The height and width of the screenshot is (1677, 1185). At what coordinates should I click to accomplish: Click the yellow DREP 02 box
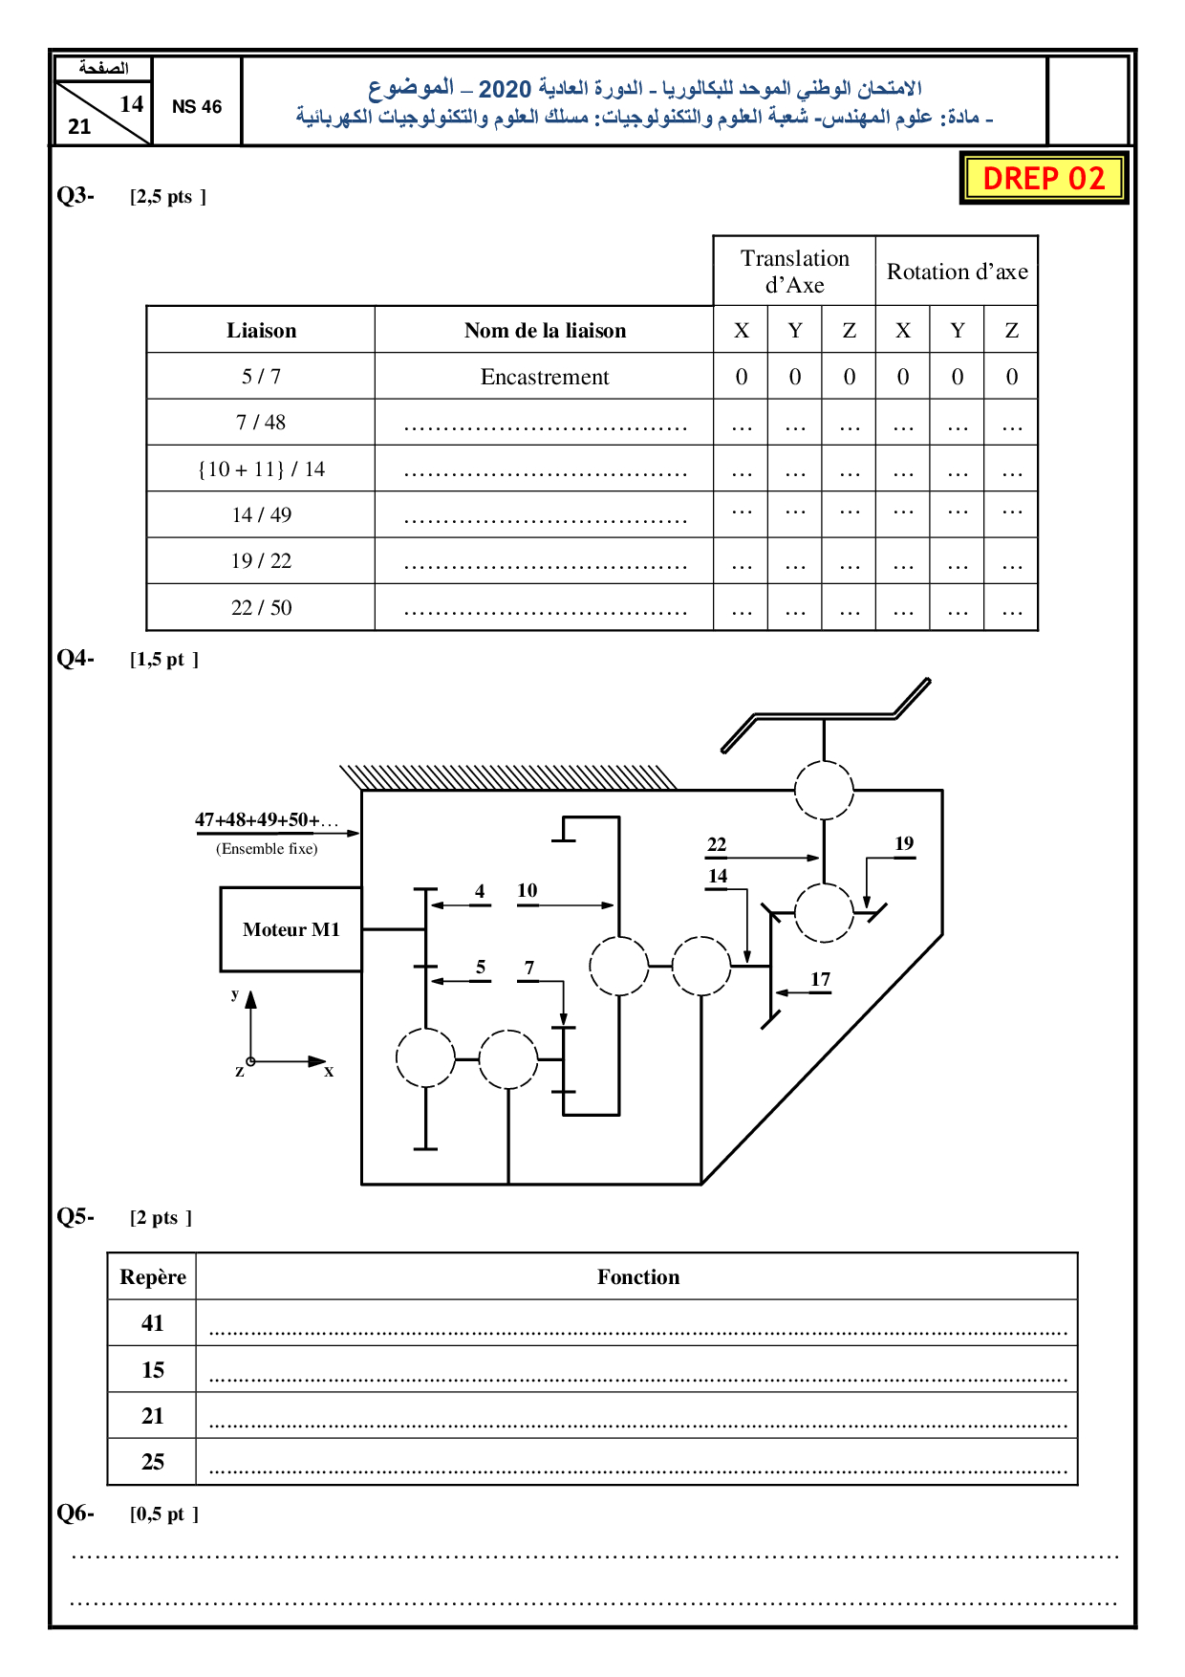1044,178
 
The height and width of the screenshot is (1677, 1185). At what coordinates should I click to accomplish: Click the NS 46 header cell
197,106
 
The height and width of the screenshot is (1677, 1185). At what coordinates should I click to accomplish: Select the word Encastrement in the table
544,377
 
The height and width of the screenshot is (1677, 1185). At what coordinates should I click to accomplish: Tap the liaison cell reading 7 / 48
261,423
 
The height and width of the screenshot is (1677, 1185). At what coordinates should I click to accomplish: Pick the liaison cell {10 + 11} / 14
261,469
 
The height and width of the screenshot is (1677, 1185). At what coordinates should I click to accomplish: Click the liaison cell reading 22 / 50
261,608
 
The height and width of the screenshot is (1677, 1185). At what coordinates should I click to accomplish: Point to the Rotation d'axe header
957,272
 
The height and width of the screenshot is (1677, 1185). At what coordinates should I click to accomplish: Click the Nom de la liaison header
545,331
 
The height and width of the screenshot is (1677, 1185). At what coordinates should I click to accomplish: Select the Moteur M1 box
291,929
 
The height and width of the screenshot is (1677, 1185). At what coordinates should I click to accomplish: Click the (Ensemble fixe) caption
267,849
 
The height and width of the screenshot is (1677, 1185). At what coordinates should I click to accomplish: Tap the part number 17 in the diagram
820,979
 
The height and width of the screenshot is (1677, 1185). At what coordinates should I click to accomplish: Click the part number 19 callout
904,843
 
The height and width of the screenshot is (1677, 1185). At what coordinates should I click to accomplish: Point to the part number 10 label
528,890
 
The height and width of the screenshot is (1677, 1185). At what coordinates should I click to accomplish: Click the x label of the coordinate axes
329,1072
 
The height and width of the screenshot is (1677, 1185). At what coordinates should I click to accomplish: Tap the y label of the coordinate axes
235,994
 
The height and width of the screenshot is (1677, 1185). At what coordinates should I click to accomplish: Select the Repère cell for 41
152,1323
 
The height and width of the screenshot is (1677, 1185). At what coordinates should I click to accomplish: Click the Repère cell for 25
152,1462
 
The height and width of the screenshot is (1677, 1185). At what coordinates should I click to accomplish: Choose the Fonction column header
638,1277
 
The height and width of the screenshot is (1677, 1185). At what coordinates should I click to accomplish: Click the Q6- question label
75,1513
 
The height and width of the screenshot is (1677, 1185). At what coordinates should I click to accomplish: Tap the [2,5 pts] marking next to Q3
168,197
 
